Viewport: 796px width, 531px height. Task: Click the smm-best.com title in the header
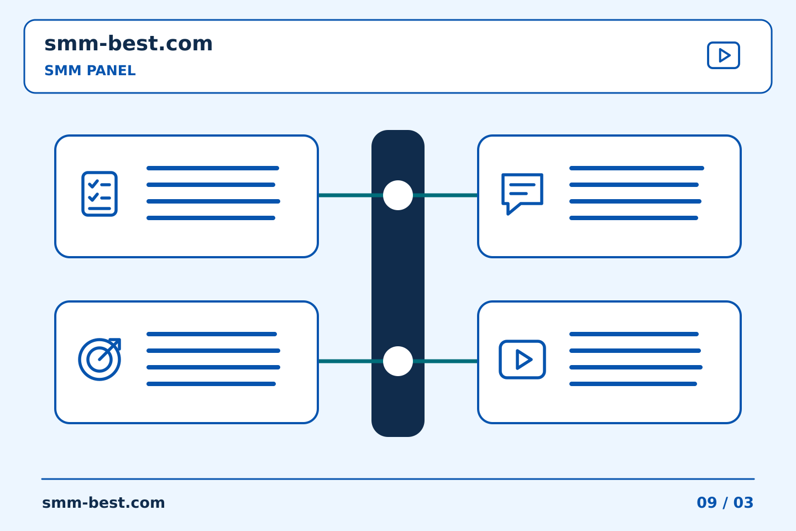pyautogui.click(x=128, y=43)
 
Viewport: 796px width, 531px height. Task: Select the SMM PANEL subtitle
pyautogui.click(x=90, y=70)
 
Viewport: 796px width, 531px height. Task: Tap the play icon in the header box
pyautogui.click(x=723, y=55)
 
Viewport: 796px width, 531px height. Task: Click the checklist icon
pyautogui.click(x=99, y=194)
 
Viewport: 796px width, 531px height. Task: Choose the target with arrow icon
pyautogui.click(x=99, y=359)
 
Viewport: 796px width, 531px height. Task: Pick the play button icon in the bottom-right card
pyautogui.click(x=522, y=360)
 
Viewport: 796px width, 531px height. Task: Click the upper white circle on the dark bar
pyautogui.click(x=398, y=195)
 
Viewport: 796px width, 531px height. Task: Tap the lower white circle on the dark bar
pyautogui.click(x=398, y=361)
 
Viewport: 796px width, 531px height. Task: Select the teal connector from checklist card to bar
pyautogui.click(x=350, y=195)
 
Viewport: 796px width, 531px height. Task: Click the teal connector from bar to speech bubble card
pyautogui.click(x=446, y=195)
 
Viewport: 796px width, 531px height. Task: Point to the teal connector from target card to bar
pyautogui.click(x=350, y=361)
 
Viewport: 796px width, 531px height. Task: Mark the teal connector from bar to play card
pyautogui.click(x=446, y=361)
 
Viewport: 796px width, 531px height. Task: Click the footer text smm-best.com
pyautogui.click(x=103, y=503)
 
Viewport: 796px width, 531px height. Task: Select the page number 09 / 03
pyautogui.click(x=725, y=503)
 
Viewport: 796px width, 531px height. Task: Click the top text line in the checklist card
pyautogui.click(x=213, y=168)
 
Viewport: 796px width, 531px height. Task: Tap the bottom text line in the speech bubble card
pyautogui.click(x=633, y=218)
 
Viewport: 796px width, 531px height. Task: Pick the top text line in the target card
pyautogui.click(x=211, y=334)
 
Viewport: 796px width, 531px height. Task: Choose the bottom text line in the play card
pyautogui.click(x=633, y=384)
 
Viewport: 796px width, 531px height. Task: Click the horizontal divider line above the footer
pyautogui.click(x=398, y=479)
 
